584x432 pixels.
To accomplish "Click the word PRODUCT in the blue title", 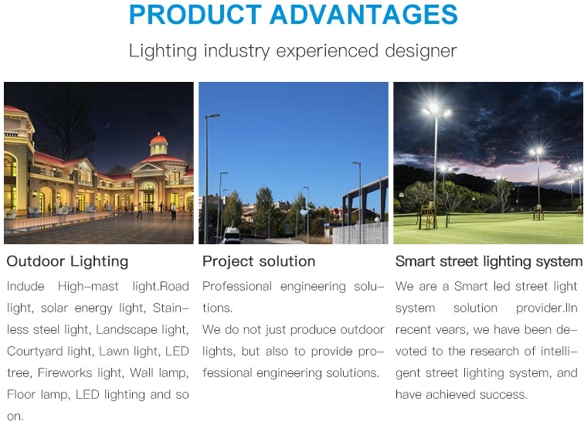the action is pyautogui.click(x=195, y=15).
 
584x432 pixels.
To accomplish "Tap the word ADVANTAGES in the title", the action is pyautogui.click(x=364, y=15).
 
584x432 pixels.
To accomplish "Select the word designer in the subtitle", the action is pyautogui.click(x=421, y=51).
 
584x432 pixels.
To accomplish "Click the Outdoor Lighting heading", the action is pyautogui.click(x=67, y=261).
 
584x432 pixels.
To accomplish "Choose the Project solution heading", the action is pyautogui.click(x=259, y=261).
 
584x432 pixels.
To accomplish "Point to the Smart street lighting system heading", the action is pyautogui.click(x=489, y=261).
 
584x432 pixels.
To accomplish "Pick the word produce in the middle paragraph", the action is pyautogui.click(x=313, y=330).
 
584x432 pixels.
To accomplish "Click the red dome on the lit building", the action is pyautogui.click(x=158, y=139).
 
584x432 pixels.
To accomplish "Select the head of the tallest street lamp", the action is pyautogui.click(x=213, y=116).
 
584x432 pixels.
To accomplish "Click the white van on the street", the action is pyautogui.click(x=232, y=234).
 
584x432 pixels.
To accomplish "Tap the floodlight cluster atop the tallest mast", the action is pyautogui.click(x=436, y=110).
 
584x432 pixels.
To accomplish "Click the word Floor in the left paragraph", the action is pyautogui.click(x=21, y=394).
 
